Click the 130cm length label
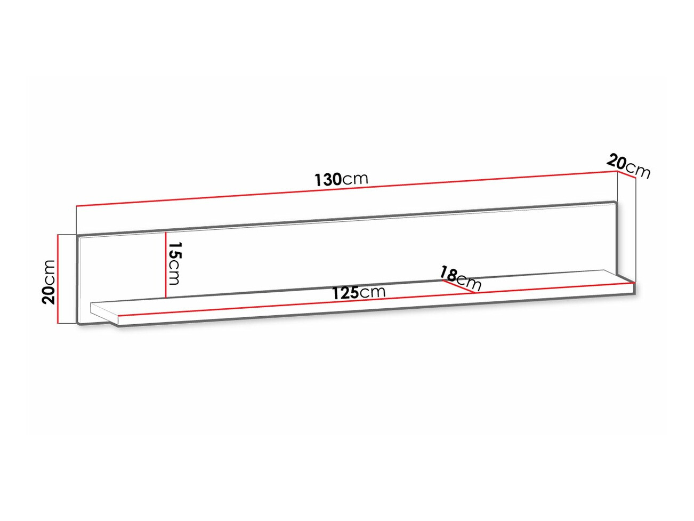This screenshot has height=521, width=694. point(341,179)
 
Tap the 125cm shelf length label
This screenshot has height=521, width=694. point(358,293)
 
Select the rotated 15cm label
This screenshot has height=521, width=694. point(174,263)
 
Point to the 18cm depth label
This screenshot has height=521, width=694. point(460,278)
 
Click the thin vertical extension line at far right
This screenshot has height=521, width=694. point(636,229)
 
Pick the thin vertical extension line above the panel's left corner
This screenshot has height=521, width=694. point(77,220)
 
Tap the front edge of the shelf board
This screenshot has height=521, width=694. point(373,311)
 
